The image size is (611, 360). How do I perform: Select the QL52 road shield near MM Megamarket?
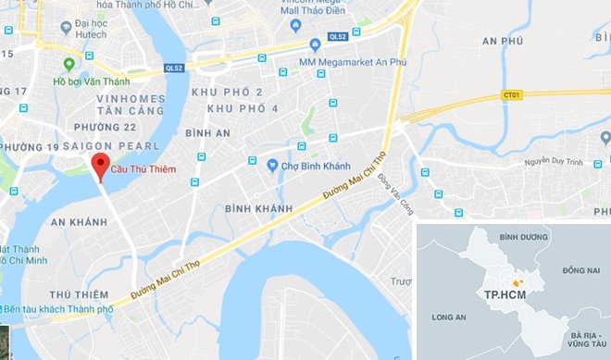337,37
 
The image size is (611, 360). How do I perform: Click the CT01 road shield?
510,94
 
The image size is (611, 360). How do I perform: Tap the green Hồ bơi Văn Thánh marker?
69,64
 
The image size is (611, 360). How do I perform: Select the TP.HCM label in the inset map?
500,293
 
